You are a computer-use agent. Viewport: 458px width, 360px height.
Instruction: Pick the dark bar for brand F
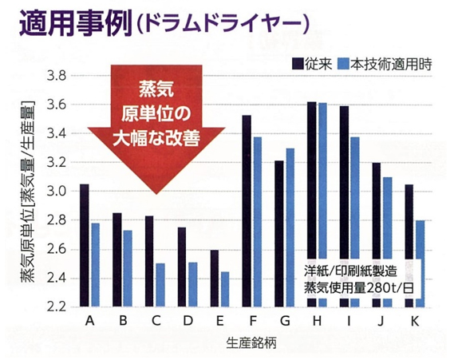(x=247, y=211)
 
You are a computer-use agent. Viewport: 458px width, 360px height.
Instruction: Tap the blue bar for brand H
(x=322, y=204)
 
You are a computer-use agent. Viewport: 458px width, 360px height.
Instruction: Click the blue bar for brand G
(x=290, y=227)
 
